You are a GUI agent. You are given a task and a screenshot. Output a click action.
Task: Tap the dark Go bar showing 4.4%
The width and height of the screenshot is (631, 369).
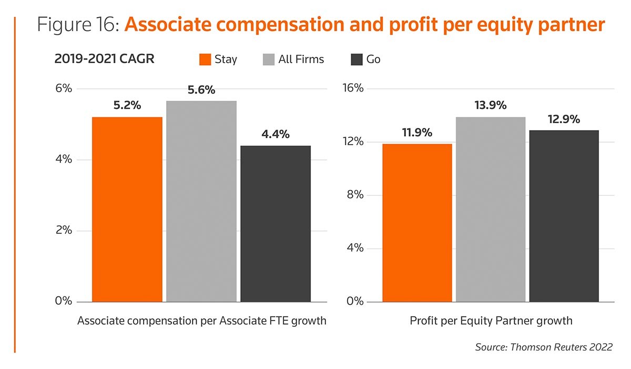click(x=276, y=223)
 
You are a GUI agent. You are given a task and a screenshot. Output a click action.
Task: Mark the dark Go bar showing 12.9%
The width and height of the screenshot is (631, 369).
click(x=564, y=216)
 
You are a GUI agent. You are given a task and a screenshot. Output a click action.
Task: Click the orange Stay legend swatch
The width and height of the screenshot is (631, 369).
click(x=205, y=59)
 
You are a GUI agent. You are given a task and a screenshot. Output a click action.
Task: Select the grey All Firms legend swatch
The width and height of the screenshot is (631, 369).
click(x=268, y=59)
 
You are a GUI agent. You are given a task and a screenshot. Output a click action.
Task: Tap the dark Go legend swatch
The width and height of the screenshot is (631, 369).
click(x=356, y=59)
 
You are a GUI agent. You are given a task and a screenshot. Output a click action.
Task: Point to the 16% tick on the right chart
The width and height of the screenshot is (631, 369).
click(x=353, y=88)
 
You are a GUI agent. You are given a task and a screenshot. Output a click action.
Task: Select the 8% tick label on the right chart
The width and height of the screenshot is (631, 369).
click(x=355, y=195)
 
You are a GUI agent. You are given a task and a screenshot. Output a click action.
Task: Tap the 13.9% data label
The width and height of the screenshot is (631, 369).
click(x=491, y=106)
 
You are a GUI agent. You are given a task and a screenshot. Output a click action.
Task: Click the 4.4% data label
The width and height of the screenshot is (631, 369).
click(x=276, y=134)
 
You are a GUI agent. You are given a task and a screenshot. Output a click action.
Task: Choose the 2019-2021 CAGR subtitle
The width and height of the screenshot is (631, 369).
click(x=104, y=59)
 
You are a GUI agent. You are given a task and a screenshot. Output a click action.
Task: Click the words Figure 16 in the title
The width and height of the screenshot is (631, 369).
click(x=78, y=25)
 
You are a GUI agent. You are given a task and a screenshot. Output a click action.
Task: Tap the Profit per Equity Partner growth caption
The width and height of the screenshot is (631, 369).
click(x=491, y=321)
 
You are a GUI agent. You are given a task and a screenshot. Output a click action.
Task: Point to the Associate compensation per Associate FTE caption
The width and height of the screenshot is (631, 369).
click(x=202, y=321)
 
